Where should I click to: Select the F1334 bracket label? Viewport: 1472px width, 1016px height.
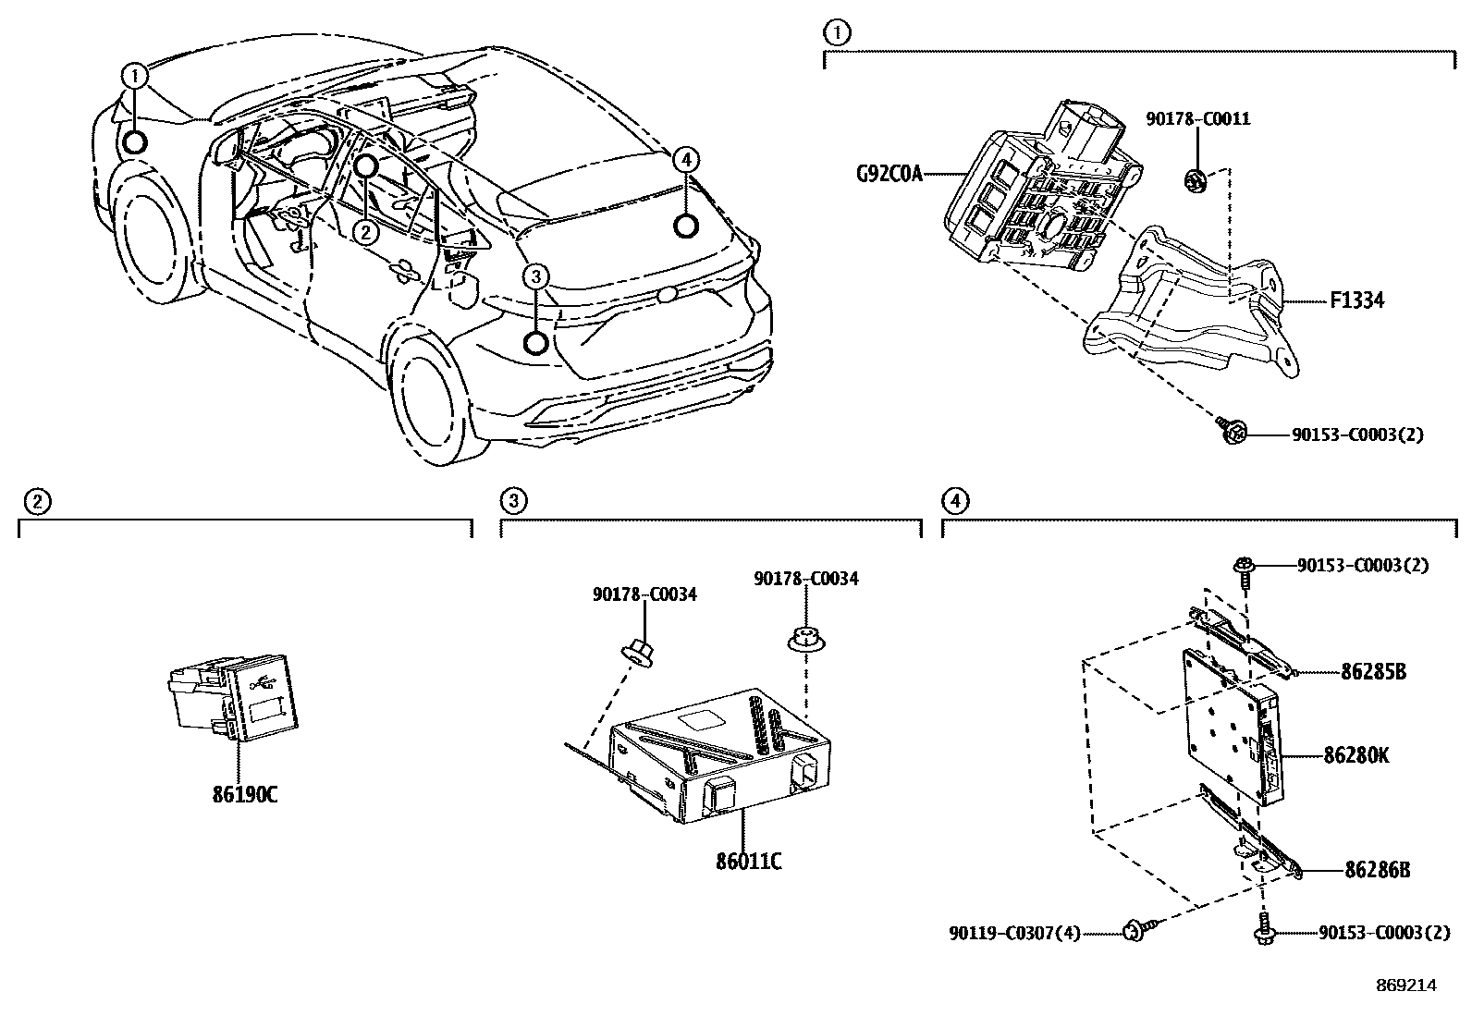pyautogui.click(x=1356, y=300)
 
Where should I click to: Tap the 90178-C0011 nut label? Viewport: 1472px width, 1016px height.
pyautogui.click(x=1197, y=119)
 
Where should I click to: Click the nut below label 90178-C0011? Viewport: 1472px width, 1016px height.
pyautogui.click(x=1196, y=177)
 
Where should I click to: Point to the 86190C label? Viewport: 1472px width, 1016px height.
pyautogui.click(x=244, y=794)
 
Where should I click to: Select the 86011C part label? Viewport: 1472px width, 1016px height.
pyautogui.click(x=748, y=862)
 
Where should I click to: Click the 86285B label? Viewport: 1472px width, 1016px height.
pyautogui.click(x=1373, y=672)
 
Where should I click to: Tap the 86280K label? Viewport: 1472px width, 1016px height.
pyautogui.click(x=1355, y=755)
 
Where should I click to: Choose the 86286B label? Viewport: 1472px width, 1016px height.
pyautogui.click(x=1377, y=870)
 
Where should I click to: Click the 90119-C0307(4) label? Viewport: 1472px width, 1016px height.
pyautogui.click(x=1014, y=934)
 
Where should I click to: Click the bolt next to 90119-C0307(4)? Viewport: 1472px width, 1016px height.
pyautogui.click(x=1135, y=930)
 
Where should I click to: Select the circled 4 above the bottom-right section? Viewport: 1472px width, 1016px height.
pyautogui.click(x=954, y=502)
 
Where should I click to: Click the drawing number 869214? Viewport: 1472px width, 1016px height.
pyautogui.click(x=1405, y=985)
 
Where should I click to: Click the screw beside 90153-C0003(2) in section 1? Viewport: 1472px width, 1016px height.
pyautogui.click(x=1233, y=431)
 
